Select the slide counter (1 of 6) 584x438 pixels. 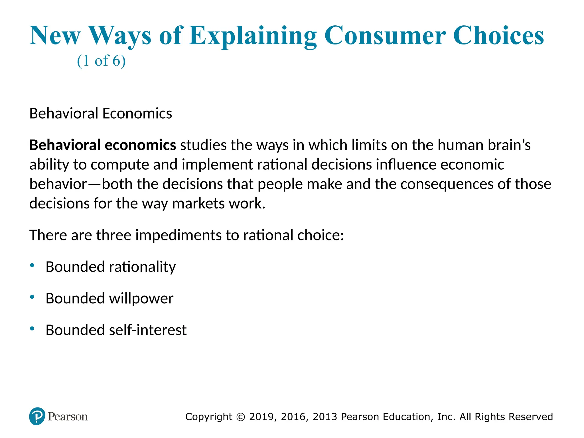[101, 61]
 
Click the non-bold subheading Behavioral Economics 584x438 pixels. [101, 113]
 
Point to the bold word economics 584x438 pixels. [140, 145]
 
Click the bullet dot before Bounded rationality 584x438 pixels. [32, 265]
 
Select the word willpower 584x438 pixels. [141, 299]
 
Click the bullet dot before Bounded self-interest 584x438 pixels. [32, 329]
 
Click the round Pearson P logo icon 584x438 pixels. [37, 416]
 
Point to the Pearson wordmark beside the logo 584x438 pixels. [68, 417]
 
